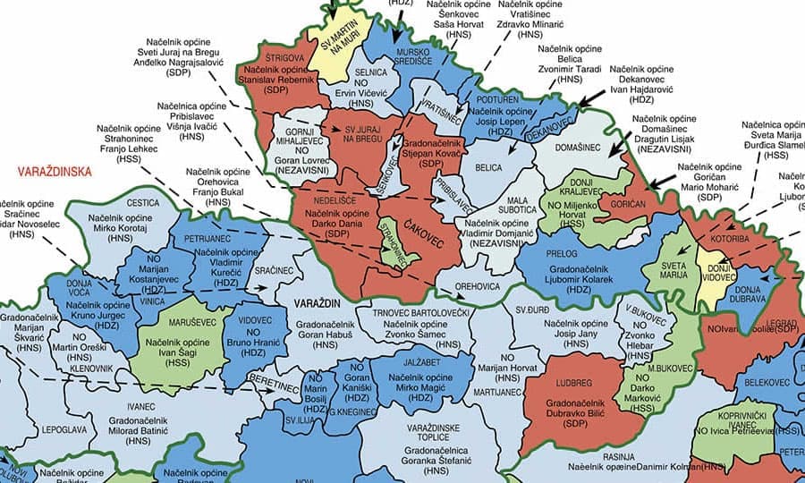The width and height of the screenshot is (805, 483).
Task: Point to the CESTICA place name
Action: (x=143, y=204)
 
